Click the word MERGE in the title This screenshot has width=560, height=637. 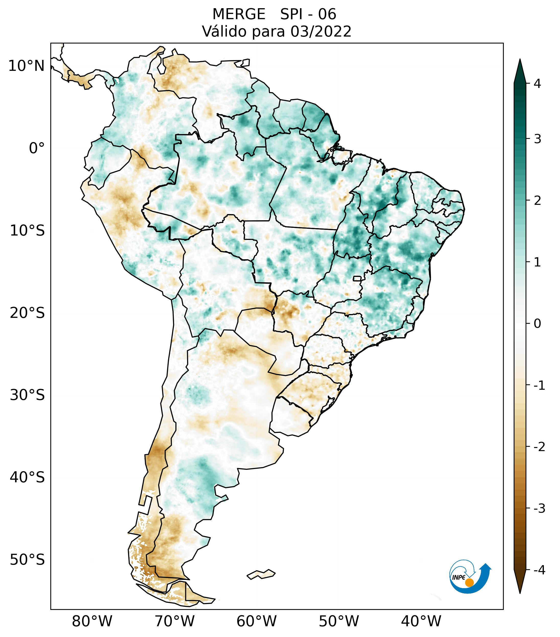click(239, 14)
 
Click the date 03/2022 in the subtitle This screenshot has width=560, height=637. click(321, 31)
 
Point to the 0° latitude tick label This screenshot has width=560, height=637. click(37, 148)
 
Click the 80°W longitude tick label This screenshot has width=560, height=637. click(92, 621)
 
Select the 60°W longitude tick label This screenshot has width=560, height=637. click(257, 621)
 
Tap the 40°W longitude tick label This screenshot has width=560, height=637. click(421, 621)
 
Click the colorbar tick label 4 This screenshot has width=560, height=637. click(537, 84)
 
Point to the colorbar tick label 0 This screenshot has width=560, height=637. click(537, 324)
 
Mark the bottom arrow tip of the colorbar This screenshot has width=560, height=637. click(520, 593)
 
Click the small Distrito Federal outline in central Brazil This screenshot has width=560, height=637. click(357, 278)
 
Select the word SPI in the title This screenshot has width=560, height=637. click(292, 14)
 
